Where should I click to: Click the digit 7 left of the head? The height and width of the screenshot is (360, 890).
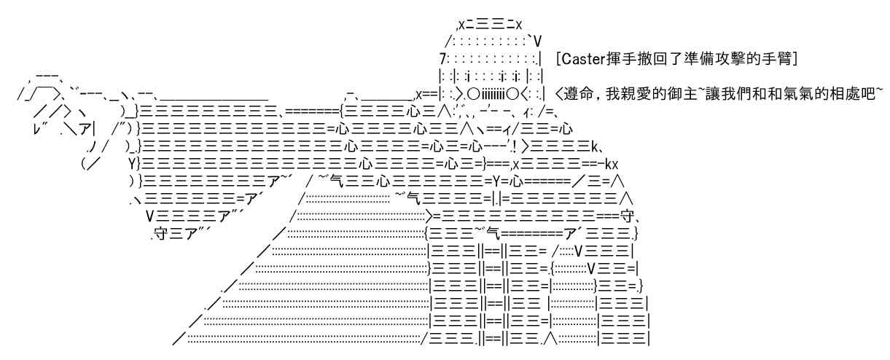click(x=443, y=59)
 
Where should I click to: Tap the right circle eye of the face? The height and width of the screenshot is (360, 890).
click(x=513, y=94)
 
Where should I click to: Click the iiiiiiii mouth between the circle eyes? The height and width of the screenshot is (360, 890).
click(x=493, y=94)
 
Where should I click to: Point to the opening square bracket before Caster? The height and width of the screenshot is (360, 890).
click(x=558, y=59)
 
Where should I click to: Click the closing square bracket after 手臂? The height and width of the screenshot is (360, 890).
click(x=795, y=59)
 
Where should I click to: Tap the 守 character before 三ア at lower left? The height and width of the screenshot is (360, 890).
click(x=160, y=234)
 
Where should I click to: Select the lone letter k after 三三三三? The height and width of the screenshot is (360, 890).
click(x=595, y=146)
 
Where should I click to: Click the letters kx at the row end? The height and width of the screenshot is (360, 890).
click(x=612, y=164)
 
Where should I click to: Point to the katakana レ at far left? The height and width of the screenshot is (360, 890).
click(x=37, y=130)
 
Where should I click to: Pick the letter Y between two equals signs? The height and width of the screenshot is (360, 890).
click(x=496, y=181)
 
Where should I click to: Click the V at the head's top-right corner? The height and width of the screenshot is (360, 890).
click(x=538, y=42)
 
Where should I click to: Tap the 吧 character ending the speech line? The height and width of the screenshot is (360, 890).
click(x=867, y=94)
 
